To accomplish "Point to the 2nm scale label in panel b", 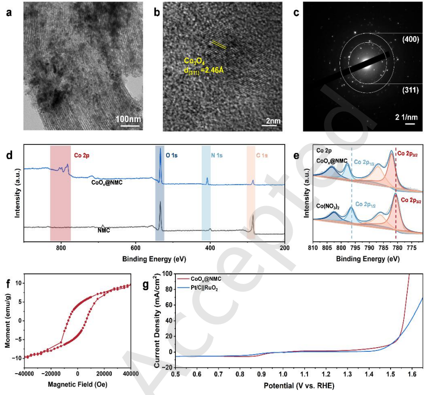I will pos(273,121).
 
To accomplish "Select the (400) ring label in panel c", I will pos(411,40).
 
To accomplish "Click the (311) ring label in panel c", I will pos(411,91).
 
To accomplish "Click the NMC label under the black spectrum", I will pos(104,229).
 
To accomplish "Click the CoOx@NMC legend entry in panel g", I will pos(207,280).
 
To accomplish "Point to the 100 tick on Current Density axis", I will pos(167,275).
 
